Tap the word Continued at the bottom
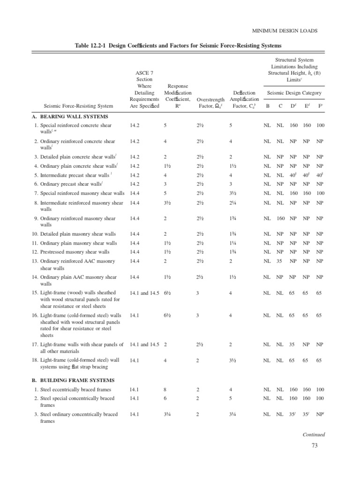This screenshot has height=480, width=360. (314, 435)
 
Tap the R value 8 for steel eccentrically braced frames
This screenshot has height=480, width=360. (165, 390)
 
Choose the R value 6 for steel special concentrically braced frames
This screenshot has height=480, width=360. (165, 398)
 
